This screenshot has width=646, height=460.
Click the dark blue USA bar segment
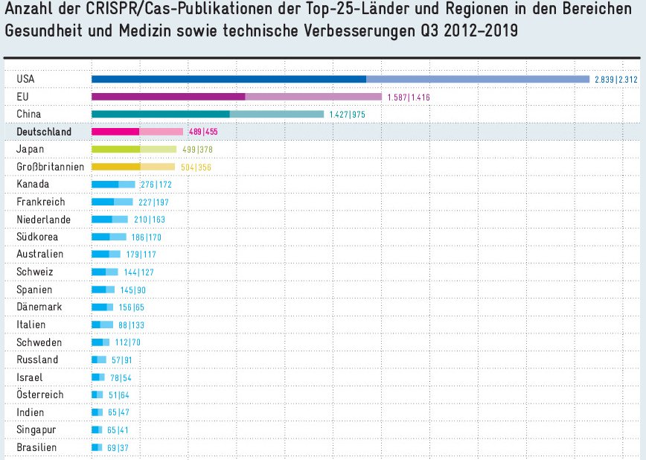tap(228, 79)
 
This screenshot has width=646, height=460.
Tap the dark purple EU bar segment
tap(168, 97)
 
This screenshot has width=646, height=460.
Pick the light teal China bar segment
tap(277, 114)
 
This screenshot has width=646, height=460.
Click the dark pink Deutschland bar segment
tap(115, 132)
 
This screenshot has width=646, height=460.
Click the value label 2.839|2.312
tap(617, 79)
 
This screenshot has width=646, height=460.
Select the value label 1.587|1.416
tap(409, 97)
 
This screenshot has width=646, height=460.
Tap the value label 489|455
tap(203, 132)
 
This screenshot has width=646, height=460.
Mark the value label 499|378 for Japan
tap(197, 150)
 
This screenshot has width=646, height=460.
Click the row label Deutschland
tap(44, 132)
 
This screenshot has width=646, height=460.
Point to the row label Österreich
tap(40, 394)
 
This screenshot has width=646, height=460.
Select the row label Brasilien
tap(36, 447)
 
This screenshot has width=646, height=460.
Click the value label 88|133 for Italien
tap(132, 325)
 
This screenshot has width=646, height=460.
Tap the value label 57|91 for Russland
tap(122, 360)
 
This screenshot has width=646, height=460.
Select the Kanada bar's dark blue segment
tap(105, 184)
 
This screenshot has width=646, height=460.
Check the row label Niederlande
tap(43, 220)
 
